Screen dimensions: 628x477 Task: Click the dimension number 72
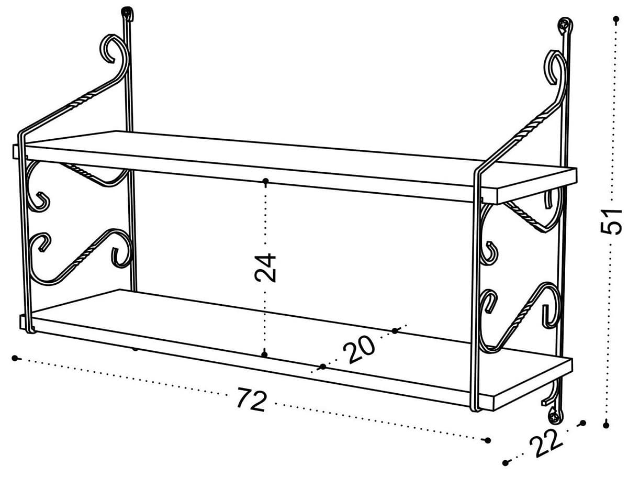(252, 400)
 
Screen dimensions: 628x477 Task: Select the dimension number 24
(266, 268)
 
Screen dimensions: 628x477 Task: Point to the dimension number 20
(361, 349)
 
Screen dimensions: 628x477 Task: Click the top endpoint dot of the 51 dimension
(616, 19)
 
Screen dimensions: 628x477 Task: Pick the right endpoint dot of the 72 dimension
(488, 440)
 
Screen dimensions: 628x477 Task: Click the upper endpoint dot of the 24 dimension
(266, 181)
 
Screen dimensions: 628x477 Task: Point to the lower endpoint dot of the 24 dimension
(265, 354)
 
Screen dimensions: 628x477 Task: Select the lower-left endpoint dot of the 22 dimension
(505, 463)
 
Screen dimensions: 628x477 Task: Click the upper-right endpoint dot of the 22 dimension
(583, 423)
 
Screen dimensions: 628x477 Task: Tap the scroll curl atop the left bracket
(111, 48)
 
